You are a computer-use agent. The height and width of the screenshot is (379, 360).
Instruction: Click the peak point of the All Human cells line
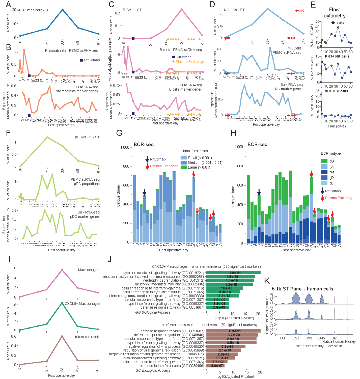[62, 9]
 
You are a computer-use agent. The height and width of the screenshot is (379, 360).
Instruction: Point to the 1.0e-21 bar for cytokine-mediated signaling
[233, 273]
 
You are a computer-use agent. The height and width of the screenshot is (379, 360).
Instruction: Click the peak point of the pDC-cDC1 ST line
[47, 137]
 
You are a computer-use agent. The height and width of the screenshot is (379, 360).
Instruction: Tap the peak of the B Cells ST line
[182, 9]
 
